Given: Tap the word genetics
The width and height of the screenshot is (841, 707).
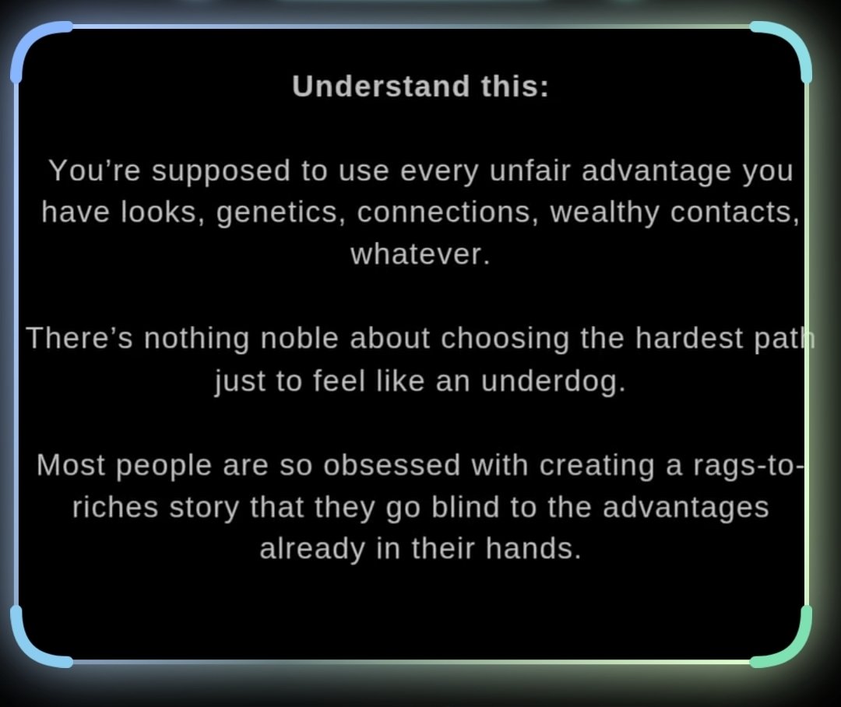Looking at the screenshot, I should [x=281, y=212].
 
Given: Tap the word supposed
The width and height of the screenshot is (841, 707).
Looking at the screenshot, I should [x=225, y=170].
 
